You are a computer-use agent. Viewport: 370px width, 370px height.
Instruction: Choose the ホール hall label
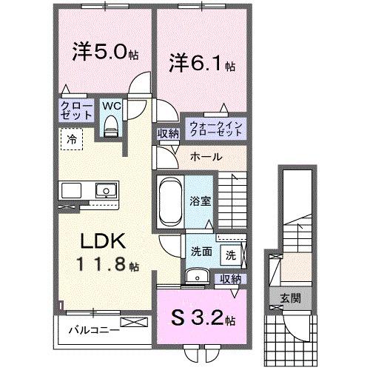point(203,157)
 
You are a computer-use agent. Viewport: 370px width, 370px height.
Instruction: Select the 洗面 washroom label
point(201,252)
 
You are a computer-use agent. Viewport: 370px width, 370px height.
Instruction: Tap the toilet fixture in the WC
point(111,127)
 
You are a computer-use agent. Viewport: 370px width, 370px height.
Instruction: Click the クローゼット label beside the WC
point(76,111)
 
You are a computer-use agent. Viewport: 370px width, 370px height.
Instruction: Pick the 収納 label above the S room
point(230,279)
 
